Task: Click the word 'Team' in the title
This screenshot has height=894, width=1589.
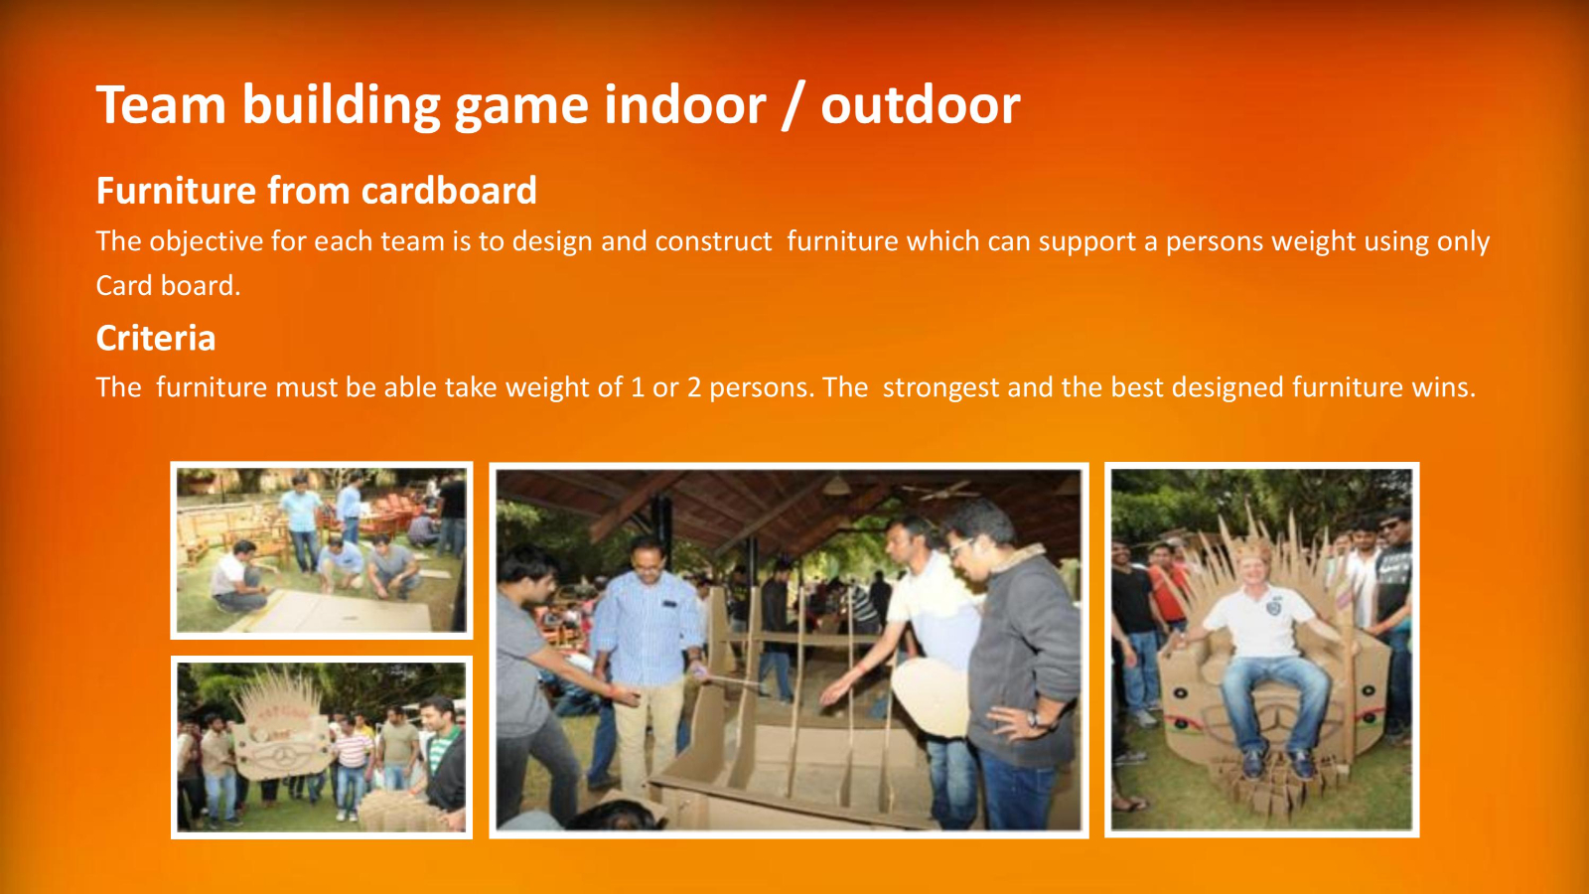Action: point(161,105)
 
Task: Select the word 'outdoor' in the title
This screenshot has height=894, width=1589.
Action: point(921,105)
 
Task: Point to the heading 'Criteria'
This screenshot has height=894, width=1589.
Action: point(156,338)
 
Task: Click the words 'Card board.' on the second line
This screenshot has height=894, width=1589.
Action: point(168,285)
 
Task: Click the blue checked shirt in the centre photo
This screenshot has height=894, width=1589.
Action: point(647,627)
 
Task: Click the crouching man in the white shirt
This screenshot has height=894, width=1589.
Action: point(237,578)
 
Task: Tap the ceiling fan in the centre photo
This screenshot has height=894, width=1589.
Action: point(939,490)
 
